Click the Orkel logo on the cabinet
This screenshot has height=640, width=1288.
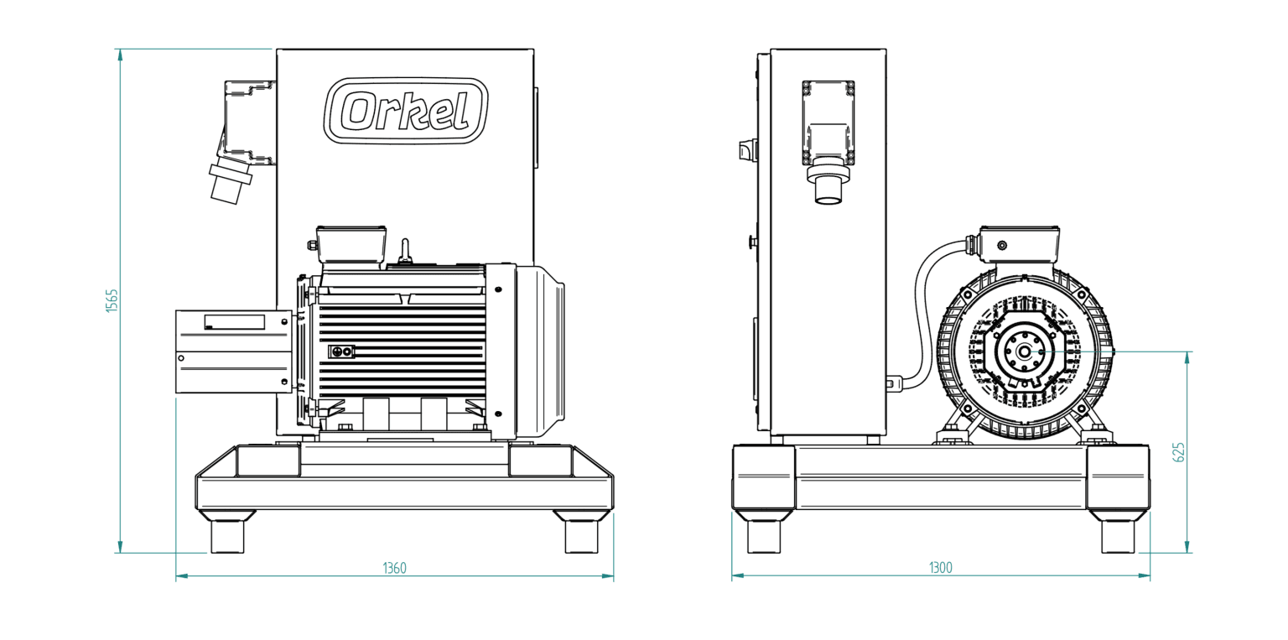[x=406, y=111]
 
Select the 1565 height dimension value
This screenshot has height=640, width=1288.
[x=112, y=301]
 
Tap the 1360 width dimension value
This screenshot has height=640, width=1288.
[x=394, y=568]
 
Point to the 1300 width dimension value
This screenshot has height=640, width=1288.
[x=941, y=568]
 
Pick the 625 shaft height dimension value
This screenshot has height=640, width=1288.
[x=1178, y=453]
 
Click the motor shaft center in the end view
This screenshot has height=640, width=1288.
[x=1024, y=351]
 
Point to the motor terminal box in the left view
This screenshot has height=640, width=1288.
[x=351, y=246]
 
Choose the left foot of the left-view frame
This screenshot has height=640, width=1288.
[x=227, y=532]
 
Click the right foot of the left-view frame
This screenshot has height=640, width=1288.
[x=581, y=532]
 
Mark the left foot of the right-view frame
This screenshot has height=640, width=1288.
[x=764, y=532]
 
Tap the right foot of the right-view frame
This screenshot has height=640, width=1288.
[x=1118, y=532]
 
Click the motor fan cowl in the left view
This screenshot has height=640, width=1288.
[x=540, y=351]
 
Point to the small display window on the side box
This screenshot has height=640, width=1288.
[x=235, y=322]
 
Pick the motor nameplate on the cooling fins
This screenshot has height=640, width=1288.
[x=341, y=351]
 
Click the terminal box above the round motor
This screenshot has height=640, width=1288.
[x=1020, y=244]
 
